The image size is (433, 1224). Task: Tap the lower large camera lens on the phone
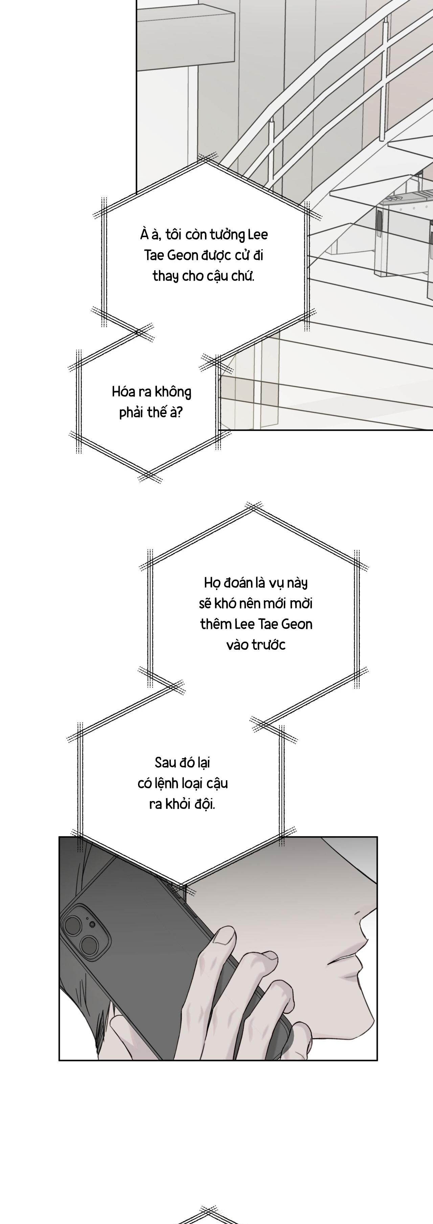tap(89, 945)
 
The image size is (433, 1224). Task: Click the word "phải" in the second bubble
tap(132, 413)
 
